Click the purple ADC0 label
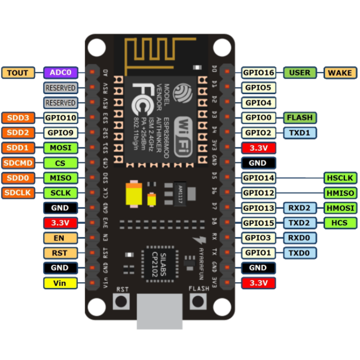tap(60, 73)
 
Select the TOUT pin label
tap(18, 73)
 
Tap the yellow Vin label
tap(60, 283)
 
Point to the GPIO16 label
tap(258, 73)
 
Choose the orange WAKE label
tap(340, 73)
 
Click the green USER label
tap(300, 73)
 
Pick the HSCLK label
tap(340, 178)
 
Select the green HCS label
tap(340, 223)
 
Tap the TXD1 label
tap(300, 132)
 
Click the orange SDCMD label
tap(18, 163)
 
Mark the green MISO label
tap(60, 178)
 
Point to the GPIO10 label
tap(60, 118)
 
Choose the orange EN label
tap(60, 238)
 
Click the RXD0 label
tap(300, 238)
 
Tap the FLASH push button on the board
tap(198, 301)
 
